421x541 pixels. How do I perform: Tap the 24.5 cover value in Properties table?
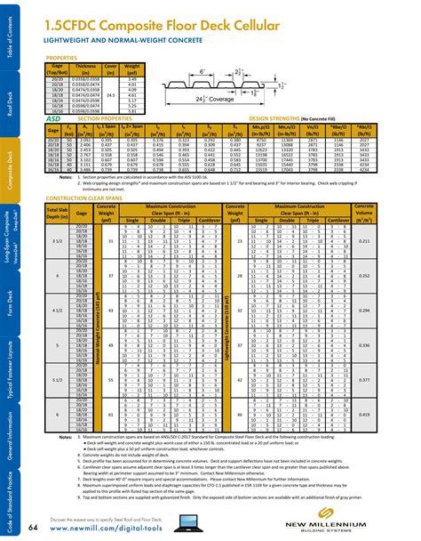pyautogui.click(x=111, y=93)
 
